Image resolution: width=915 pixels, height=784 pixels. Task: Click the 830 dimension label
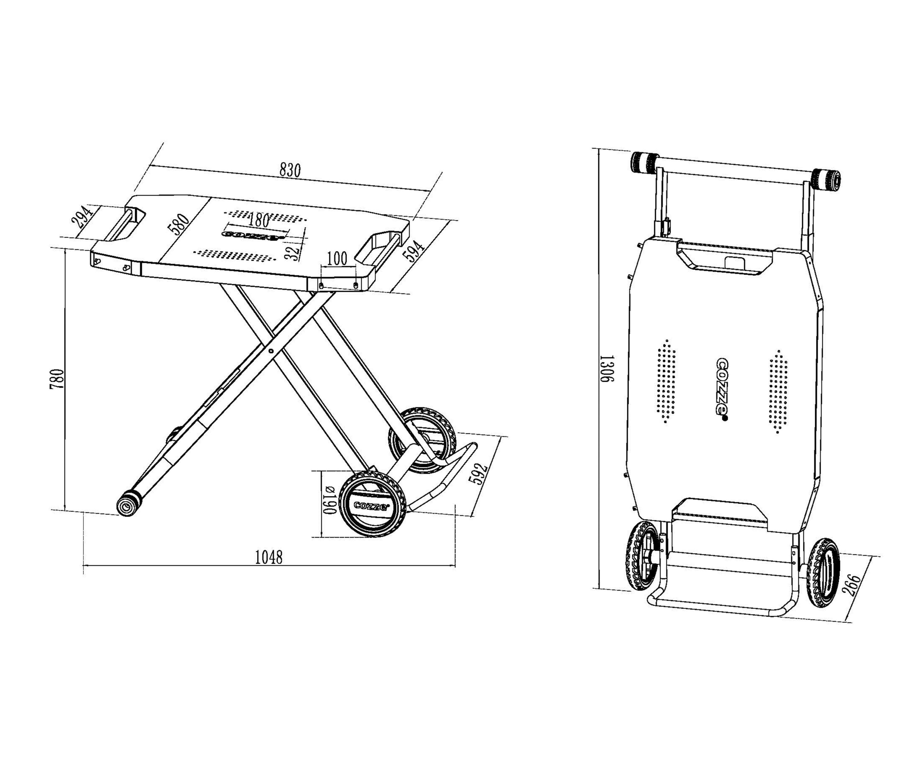(x=290, y=170)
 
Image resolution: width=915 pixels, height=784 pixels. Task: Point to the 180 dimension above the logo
(x=259, y=219)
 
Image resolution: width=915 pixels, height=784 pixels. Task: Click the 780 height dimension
(x=58, y=379)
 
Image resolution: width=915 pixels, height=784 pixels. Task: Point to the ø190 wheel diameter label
(x=330, y=500)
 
